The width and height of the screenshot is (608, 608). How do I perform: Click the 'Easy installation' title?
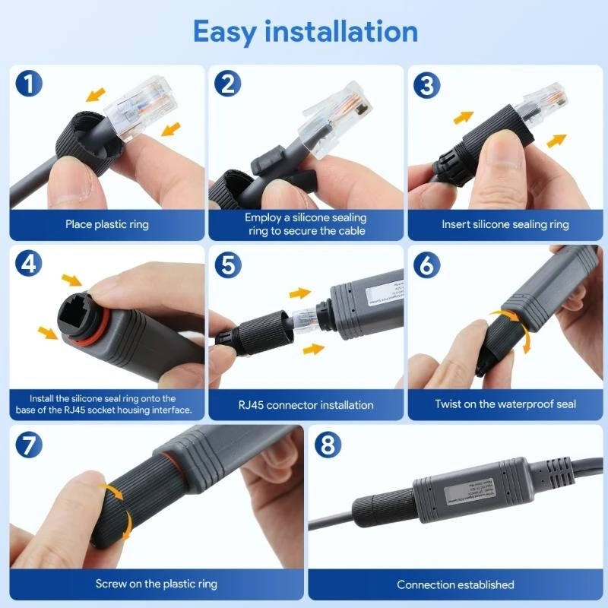click(x=305, y=32)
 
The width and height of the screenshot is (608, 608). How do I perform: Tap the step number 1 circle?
click(x=28, y=84)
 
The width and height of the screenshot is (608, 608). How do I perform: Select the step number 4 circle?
click(x=28, y=264)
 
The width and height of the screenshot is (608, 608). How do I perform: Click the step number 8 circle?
click(x=328, y=444)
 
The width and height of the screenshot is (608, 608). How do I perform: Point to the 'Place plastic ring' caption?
click(x=106, y=224)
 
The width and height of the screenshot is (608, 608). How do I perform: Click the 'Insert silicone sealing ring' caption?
click(x=505, y=224)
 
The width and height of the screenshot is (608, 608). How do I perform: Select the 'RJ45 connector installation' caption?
click(x=306, y=404)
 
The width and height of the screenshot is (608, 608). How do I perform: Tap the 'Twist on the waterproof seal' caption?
click(x=505, y=404)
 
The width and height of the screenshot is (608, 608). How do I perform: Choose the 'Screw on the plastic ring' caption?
click(x=156, y=584)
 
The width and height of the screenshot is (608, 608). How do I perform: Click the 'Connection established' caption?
click(x=455, y=584)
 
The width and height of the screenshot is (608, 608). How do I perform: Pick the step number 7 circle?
click(x=28, y=444)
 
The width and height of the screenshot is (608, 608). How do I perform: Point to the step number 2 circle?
click(x=228, y=84)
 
